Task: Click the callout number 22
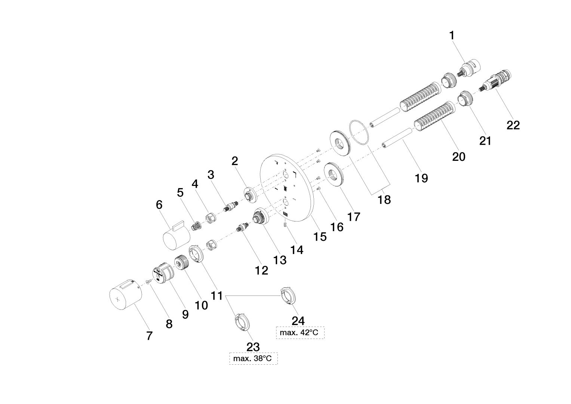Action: [x=513, y=125]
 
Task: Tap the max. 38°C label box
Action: [x=253, y=359]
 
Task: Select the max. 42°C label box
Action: [x=300, y=332]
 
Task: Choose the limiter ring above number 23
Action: [x=241, y=322]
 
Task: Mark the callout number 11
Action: [x=217, y=296]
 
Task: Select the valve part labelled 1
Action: [x=470, y=67]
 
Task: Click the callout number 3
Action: [x=211, y=175]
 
